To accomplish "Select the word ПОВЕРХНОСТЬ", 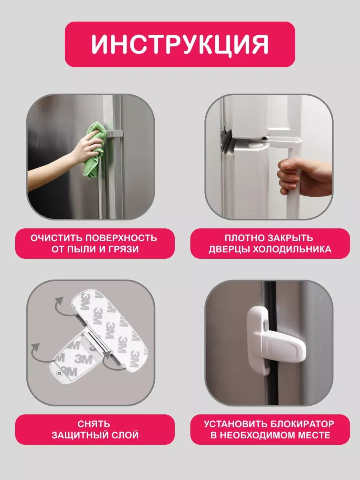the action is pyautogui.click(x=121, y=238).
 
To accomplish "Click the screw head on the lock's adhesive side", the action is pyautogui.click(x=59, y=374).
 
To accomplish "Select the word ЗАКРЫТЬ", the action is pyautogui.click(x=291, y=238).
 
